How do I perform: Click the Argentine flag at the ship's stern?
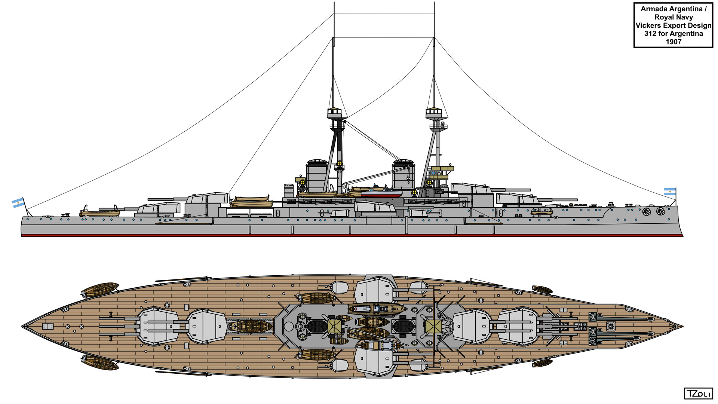(18, 203)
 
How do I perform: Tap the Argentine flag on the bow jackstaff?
(670, 192)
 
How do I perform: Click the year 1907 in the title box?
(673, 42)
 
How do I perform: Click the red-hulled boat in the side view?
(381, 193)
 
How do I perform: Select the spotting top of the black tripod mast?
(334, 112)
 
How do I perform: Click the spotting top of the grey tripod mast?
(434, 112)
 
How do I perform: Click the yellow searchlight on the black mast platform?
(340, 163)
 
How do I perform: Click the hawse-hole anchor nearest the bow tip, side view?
(660, 211)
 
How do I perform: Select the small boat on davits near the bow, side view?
(541, 212)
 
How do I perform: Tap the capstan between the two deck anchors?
(611, 326)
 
